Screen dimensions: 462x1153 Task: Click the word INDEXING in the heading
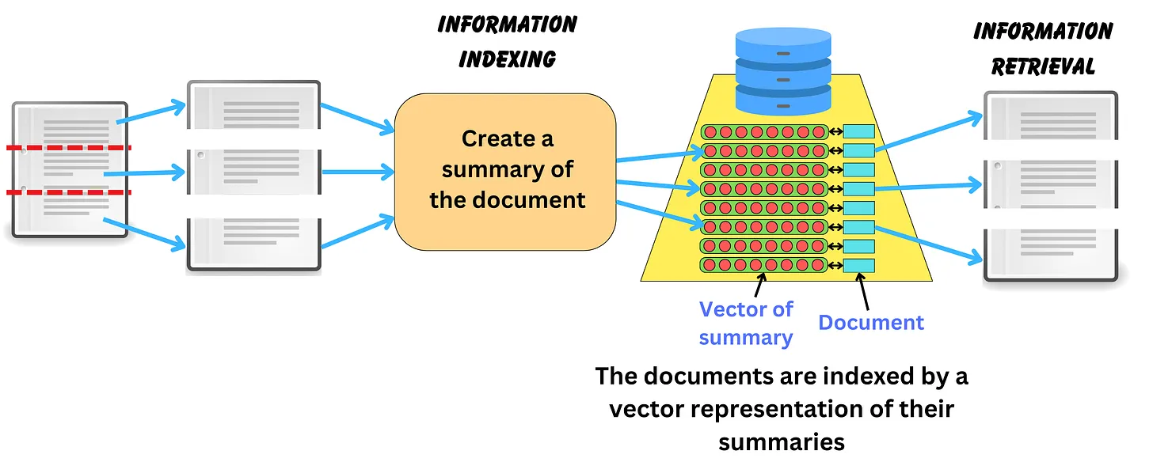[508, 59]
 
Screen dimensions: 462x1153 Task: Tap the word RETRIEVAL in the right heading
[1043, 66]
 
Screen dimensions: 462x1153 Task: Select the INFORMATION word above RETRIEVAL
[1043, 31]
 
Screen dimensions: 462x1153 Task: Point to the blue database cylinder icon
[783, 72]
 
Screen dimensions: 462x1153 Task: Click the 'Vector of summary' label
[746, 323]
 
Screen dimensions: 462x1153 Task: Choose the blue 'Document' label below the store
[871, 322]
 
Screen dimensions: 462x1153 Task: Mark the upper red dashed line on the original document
[70, 148]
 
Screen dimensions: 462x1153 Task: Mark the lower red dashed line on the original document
[70, 191]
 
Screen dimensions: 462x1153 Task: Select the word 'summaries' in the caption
[782, 441]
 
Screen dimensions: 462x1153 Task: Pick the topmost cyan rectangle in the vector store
[859, 131]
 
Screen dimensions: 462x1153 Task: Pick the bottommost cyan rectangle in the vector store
[859, 265]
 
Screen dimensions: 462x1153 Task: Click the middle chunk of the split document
[253, 171]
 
